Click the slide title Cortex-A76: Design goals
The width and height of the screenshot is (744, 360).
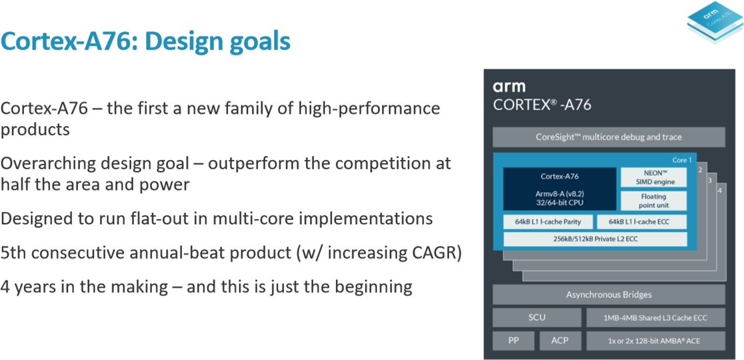tap(145, 42)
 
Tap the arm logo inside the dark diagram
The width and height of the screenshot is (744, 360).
tap(509, 87)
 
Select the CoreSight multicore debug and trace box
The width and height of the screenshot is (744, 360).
tap(609, 137)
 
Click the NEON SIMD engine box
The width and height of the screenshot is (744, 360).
tap(653, 177)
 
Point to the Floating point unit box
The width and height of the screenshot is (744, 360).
tap(653, 201)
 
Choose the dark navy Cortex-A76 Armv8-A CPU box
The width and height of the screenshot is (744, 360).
tap(560, 189)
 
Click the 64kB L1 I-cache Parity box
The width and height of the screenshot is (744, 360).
tap(548, 221)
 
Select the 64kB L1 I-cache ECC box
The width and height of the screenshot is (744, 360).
tap(641, 221)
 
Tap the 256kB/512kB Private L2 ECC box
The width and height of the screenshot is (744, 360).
tap(595, 239)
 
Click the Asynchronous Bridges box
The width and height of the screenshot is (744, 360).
tap(609, 295)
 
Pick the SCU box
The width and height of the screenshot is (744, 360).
tap(537, 317)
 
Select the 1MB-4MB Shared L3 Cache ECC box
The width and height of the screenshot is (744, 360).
tap(656, 317)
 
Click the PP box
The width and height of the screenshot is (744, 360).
tap(513, 341)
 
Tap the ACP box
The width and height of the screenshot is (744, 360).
tap(560, 341)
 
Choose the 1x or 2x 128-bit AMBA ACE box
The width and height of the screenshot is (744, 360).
tap(656, 341)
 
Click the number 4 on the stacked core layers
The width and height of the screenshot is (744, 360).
tap(720, 191)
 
